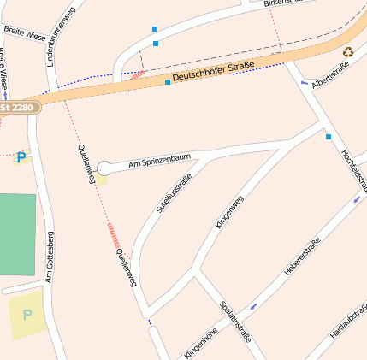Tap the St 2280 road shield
click(x=19, y=109)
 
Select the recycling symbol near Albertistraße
click(x=348, y=52)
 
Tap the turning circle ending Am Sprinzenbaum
click(x=104, y=168)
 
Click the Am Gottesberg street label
click(x=49, y=256)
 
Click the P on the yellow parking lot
click(x=27, y=315)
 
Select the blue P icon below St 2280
click(x=21, y=157)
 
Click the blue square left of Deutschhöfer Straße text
click(x=168, y=82)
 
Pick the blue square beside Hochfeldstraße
click(x=328, y=136)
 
